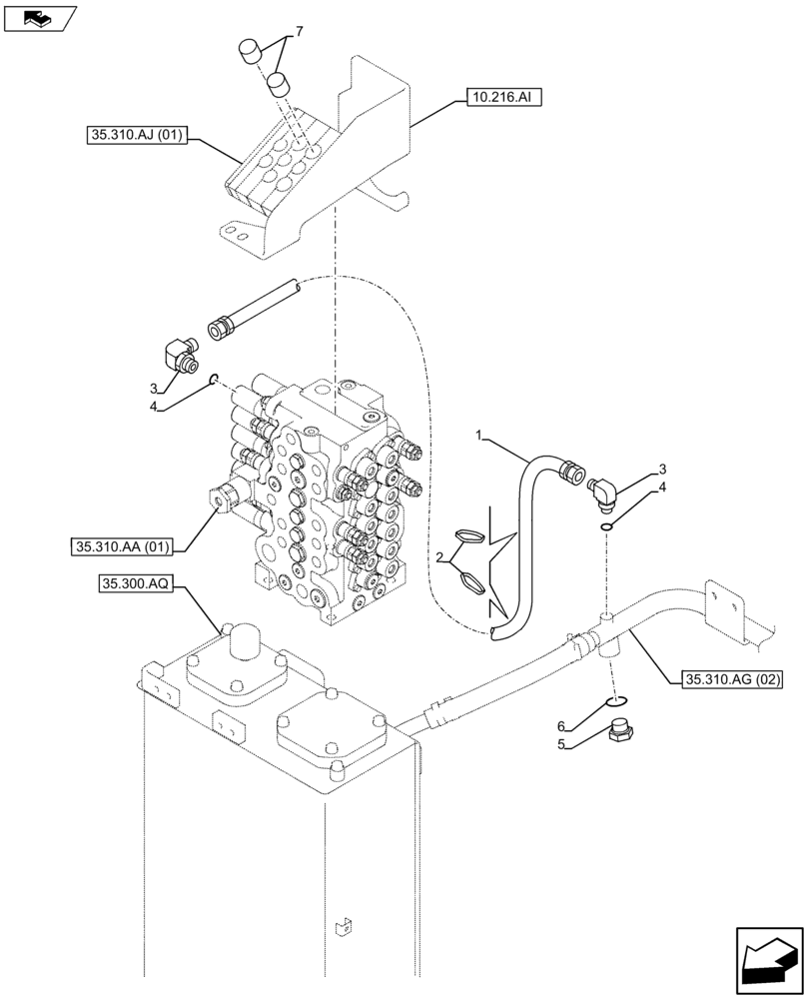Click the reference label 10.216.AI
pyautogui.click(x=504, y=97)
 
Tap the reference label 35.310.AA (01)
pyautogui.click(x=123, y=546)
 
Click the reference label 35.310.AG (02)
pyautogui.click(x=732, y=680)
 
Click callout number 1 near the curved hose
pyautogui.click(x=479, y=435)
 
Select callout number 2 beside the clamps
pyautogui.click(x=437, y=555)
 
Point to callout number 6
pyautogui.click(x=563, y=725)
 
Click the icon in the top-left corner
pyautogui.click(x=40, y=17)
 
